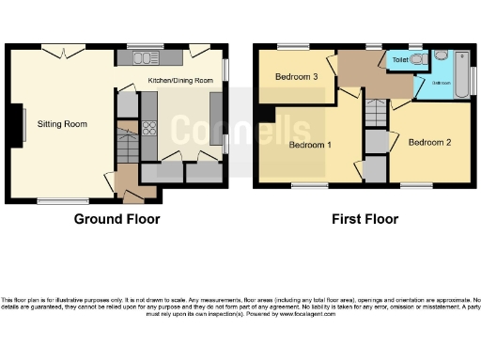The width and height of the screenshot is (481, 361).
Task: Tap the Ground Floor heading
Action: (116, 219)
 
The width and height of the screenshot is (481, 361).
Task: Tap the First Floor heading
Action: (365, 219)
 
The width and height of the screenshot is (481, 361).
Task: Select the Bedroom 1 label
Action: (310, 146)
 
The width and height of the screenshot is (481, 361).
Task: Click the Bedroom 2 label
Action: (430, 142)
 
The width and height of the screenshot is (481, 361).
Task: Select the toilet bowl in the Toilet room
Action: (420, 59)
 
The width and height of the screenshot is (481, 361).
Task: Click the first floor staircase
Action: (375, 114)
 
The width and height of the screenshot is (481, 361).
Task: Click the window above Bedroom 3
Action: (294, 45)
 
